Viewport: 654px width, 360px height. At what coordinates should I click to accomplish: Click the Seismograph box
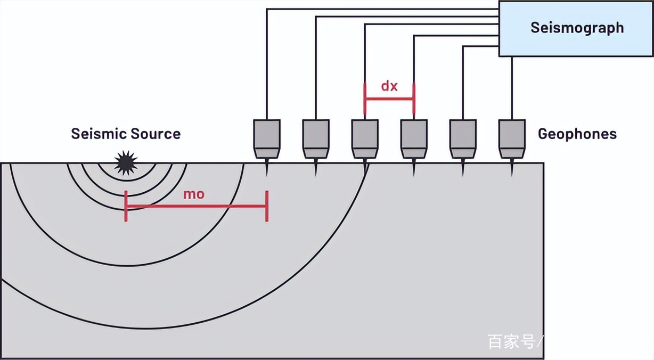click(576, 28)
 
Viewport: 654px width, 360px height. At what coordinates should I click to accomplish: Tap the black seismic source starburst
click(126, 163)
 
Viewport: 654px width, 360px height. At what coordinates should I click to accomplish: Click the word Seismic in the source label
click(99, 134)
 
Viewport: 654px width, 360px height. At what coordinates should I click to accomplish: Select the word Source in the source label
click(156, 134)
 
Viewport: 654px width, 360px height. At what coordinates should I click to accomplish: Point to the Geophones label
click(577, 134)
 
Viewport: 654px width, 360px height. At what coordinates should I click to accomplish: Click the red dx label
click(389, 86)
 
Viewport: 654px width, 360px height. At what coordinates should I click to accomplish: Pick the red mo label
click(194, 194)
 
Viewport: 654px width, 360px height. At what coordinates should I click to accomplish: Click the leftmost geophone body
click(267, 139)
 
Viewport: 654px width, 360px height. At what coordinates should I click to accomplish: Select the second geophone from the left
click(316, 139)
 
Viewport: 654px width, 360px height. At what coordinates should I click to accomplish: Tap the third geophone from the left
click(365, 139)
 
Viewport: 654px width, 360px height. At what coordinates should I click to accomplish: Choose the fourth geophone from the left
click(414, 139)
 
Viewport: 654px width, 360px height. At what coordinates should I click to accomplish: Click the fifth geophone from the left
click(463, 139)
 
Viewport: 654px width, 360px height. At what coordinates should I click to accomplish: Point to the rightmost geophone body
click(512, 139)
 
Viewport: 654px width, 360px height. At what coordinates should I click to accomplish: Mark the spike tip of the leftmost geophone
click(267, 176)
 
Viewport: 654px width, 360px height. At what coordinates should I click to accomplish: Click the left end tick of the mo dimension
click(126, 206)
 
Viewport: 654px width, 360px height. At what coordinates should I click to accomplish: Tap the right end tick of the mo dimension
click(267, 206)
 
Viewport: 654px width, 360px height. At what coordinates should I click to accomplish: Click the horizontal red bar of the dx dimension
click(389, 99)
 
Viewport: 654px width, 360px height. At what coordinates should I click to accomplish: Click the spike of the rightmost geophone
click(512, 168)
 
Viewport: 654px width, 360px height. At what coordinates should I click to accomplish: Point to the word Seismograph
click(577, 28)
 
